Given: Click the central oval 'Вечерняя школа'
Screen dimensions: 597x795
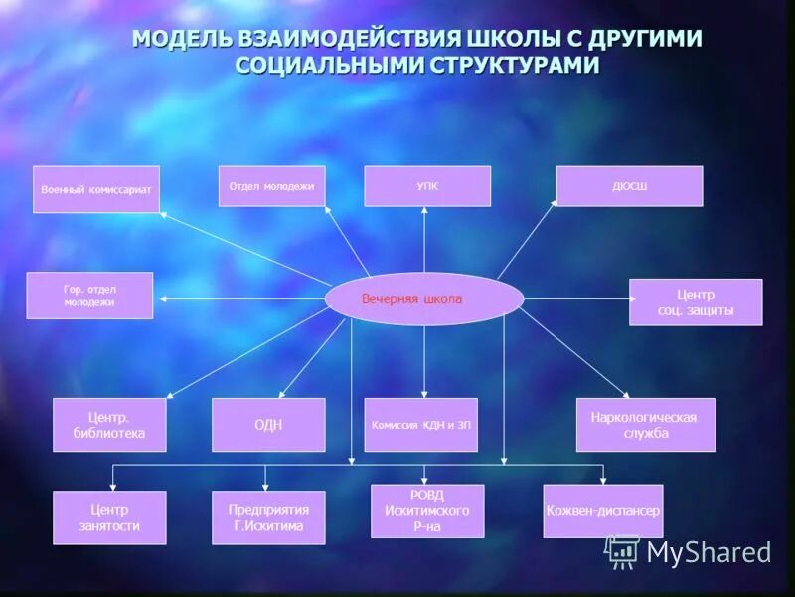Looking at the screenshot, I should click(424, 298).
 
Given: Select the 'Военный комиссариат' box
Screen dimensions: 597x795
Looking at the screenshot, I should click(96, 189).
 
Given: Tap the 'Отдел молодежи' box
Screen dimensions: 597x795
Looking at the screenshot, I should click(271, 186).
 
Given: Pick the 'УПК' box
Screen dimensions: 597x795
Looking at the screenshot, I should click(427, 186).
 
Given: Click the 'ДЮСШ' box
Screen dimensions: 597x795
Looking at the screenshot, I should click(629, 186).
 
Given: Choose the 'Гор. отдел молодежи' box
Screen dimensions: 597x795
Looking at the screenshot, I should click(89, 296).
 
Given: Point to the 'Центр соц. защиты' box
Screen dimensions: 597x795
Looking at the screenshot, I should click(696, 301).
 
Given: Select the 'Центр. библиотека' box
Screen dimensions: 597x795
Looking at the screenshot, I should click(109, 425).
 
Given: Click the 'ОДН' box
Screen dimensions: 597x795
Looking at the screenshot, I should click(268, 425).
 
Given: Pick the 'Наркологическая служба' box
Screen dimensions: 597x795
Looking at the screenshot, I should click(646, 425).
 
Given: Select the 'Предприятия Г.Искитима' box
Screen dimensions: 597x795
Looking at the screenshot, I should click(268, 517).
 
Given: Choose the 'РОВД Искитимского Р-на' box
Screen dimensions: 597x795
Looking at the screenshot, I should click(427, 510).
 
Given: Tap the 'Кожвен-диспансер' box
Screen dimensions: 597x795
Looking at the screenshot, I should click(603, 511).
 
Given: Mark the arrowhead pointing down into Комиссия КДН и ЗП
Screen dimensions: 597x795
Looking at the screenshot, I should click(424, 393).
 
